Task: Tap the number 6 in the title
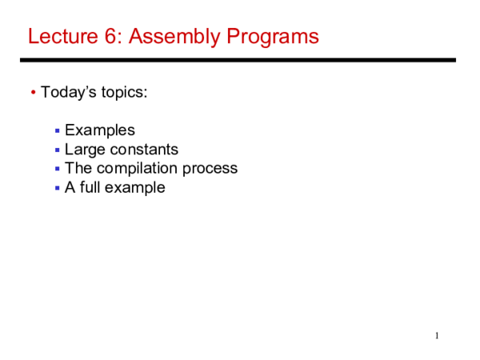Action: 106,37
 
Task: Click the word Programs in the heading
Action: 272,37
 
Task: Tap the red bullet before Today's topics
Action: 33,93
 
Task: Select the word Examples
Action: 100,130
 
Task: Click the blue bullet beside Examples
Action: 57,131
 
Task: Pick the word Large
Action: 83,150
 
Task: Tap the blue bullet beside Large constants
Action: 57,150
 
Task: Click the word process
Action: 210,170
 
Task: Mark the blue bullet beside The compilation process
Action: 57,170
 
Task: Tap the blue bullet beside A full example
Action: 57,189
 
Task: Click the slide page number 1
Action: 437,335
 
